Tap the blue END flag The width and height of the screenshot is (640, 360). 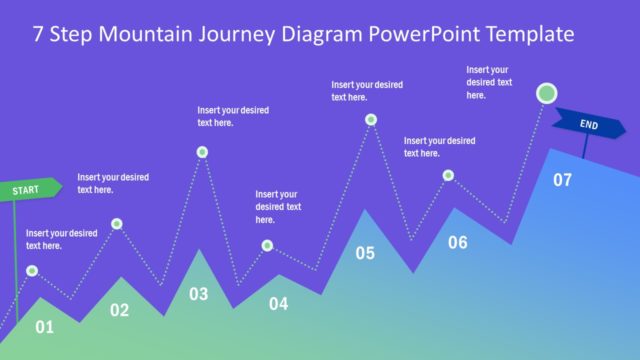point(588,124)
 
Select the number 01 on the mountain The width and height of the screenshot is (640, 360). point(44,326)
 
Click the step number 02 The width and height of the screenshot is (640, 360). point(119,310)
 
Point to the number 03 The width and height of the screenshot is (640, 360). point(199,294)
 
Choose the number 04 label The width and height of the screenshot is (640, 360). point(278,303)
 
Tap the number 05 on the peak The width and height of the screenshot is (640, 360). point(365,253)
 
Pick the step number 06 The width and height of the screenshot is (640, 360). point(457,242)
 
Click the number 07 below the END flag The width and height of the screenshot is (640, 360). point(562,180)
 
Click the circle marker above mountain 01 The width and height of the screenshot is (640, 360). point(32,271)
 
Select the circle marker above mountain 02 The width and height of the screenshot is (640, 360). point(117,224)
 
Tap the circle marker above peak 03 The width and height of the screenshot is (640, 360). point(202,152)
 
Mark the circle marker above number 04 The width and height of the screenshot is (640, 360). point(267,245)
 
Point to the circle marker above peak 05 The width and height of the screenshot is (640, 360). point(371,119)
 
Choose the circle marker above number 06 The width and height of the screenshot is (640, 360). point(448,176)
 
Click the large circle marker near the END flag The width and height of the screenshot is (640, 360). point(546,94)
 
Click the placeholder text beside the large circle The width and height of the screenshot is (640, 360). point(489,82)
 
